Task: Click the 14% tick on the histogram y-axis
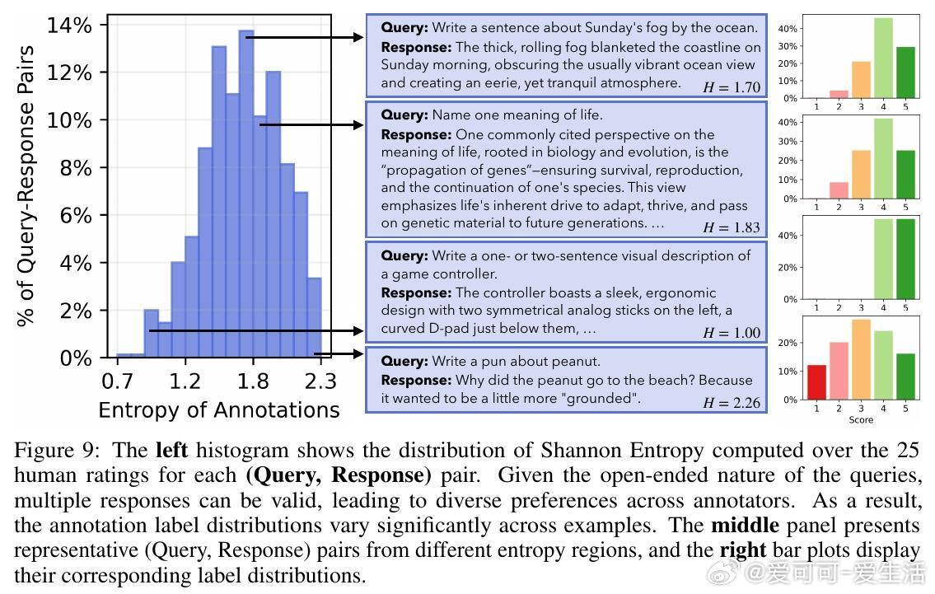[x=69, y=26]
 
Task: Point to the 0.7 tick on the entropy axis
[x=118, y=381]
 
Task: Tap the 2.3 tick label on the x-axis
[x=320, y=381]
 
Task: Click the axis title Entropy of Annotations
[x=218, y=409]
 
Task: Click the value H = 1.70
[x=732, y=87]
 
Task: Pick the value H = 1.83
[x=732, y=227]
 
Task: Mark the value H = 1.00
[x=732, y=333]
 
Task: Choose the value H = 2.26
[x=732, y=403]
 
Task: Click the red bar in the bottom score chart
[x=816, y=382]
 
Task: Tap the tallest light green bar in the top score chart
[x=883, y=58]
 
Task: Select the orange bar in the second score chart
[x=861, y=175]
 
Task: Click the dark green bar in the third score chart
[x=905, y=259]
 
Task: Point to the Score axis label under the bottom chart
[x=861, y=419]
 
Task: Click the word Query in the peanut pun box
[x=404, y=362]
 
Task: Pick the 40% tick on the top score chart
[x=788, y=29]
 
